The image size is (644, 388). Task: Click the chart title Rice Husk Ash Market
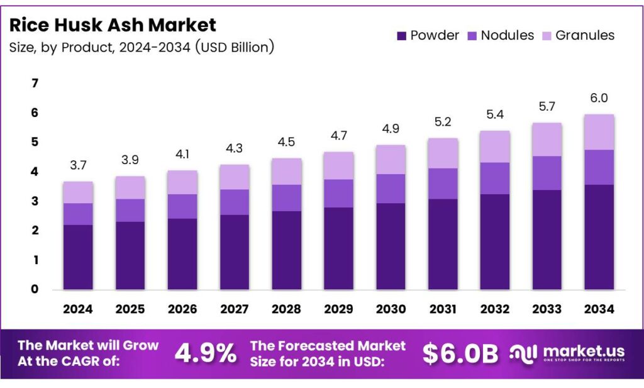coord(113,25)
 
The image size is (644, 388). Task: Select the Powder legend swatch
coord(402,36)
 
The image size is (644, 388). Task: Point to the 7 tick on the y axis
coord(35,84)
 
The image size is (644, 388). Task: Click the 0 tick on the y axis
coord(35,289)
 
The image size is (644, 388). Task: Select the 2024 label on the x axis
coord(78,309)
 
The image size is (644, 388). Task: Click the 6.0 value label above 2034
coord(599,98)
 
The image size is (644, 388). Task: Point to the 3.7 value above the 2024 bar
coord(78,165)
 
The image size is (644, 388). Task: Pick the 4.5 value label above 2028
coord(286,141)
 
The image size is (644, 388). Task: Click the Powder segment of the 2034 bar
coord(599,237)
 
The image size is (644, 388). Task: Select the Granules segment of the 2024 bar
coord(78,192)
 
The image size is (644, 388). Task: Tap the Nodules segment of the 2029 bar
coord(338,193)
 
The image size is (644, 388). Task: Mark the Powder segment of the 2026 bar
coord(182,254)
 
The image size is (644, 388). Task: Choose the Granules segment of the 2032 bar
coord(494,147)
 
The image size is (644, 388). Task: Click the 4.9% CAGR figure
coord(205,353)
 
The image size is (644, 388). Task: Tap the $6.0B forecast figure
coord(460,353)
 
